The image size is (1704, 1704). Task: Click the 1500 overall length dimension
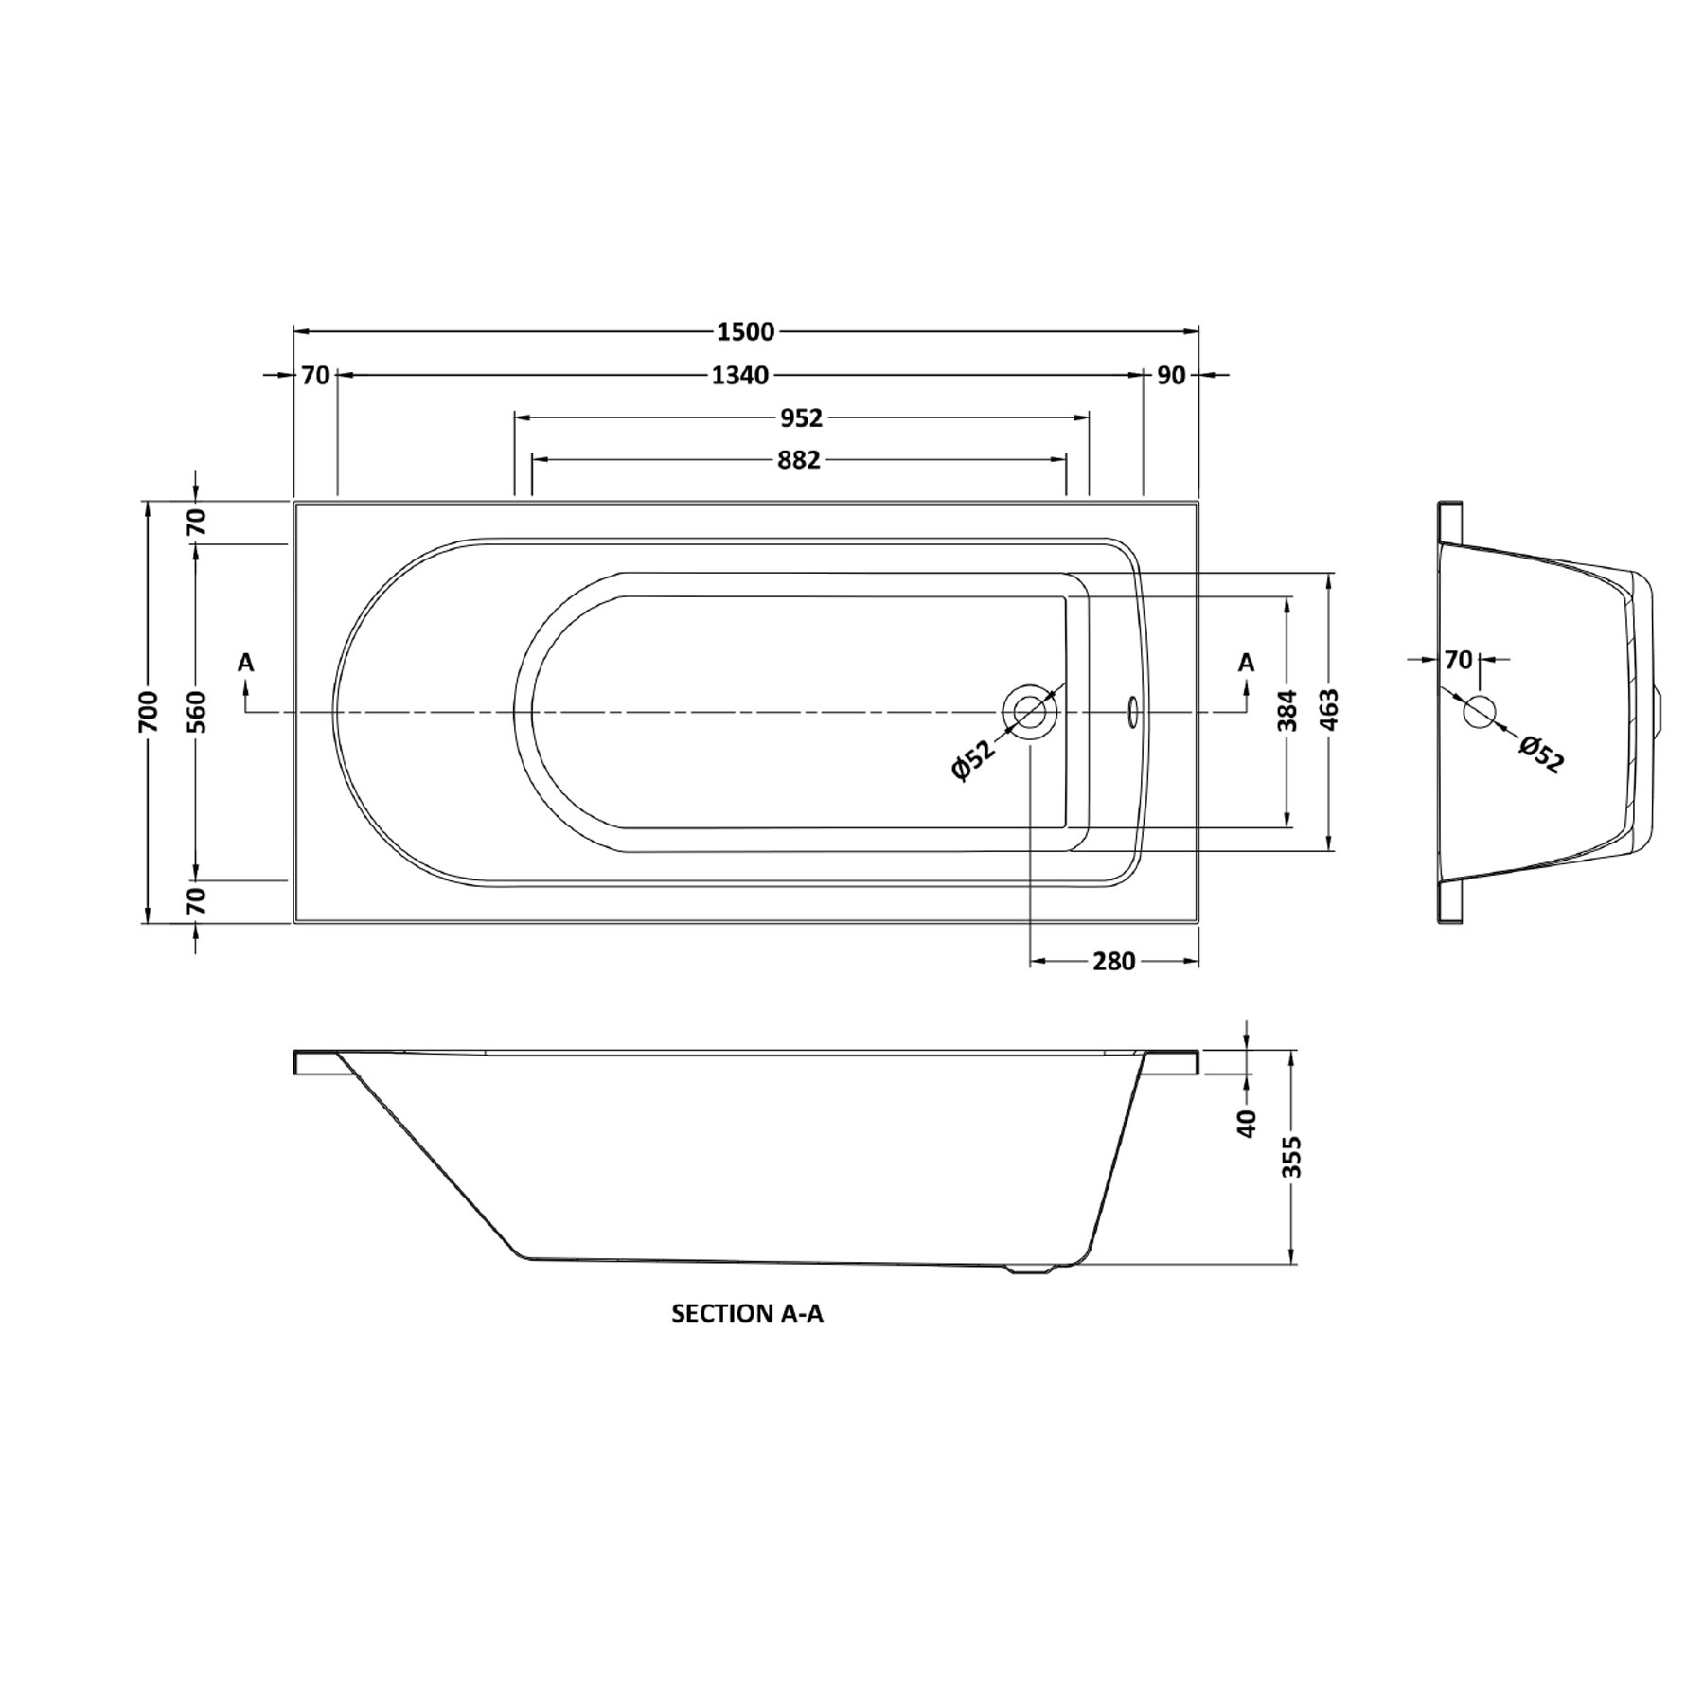click(x=746, y=331)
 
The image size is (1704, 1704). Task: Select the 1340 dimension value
click(x=739, y=376)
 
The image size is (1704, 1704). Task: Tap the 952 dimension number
click(x=801, y=417)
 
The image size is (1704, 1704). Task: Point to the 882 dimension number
click(x=798, y=460)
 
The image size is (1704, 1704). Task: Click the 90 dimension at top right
click(x=1171, y=376)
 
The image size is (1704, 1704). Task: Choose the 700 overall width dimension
click(x=148, y=711)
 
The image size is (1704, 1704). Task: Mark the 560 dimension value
click(x=196, y=711)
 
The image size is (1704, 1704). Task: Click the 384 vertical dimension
click(x=1287, y=711)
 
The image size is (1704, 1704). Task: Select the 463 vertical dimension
click(x=1329, y=711)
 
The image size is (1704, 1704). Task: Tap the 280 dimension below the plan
click(x=1113, y=962)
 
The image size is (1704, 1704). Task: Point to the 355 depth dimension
click(x=1292, y=1156)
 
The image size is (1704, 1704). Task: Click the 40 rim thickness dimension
click(x=1247, y=1123)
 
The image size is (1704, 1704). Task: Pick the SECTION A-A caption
click(x=747, y=1314)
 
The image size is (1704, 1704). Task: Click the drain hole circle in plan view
click(x=1030, y=711)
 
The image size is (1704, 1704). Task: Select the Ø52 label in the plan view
click(x=974, y=760)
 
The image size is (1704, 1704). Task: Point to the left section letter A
click(x=246, y=663)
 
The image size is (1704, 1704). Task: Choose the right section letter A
click(x=1246, y=663)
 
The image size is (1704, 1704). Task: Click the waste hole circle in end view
click(x=1479, y=711)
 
